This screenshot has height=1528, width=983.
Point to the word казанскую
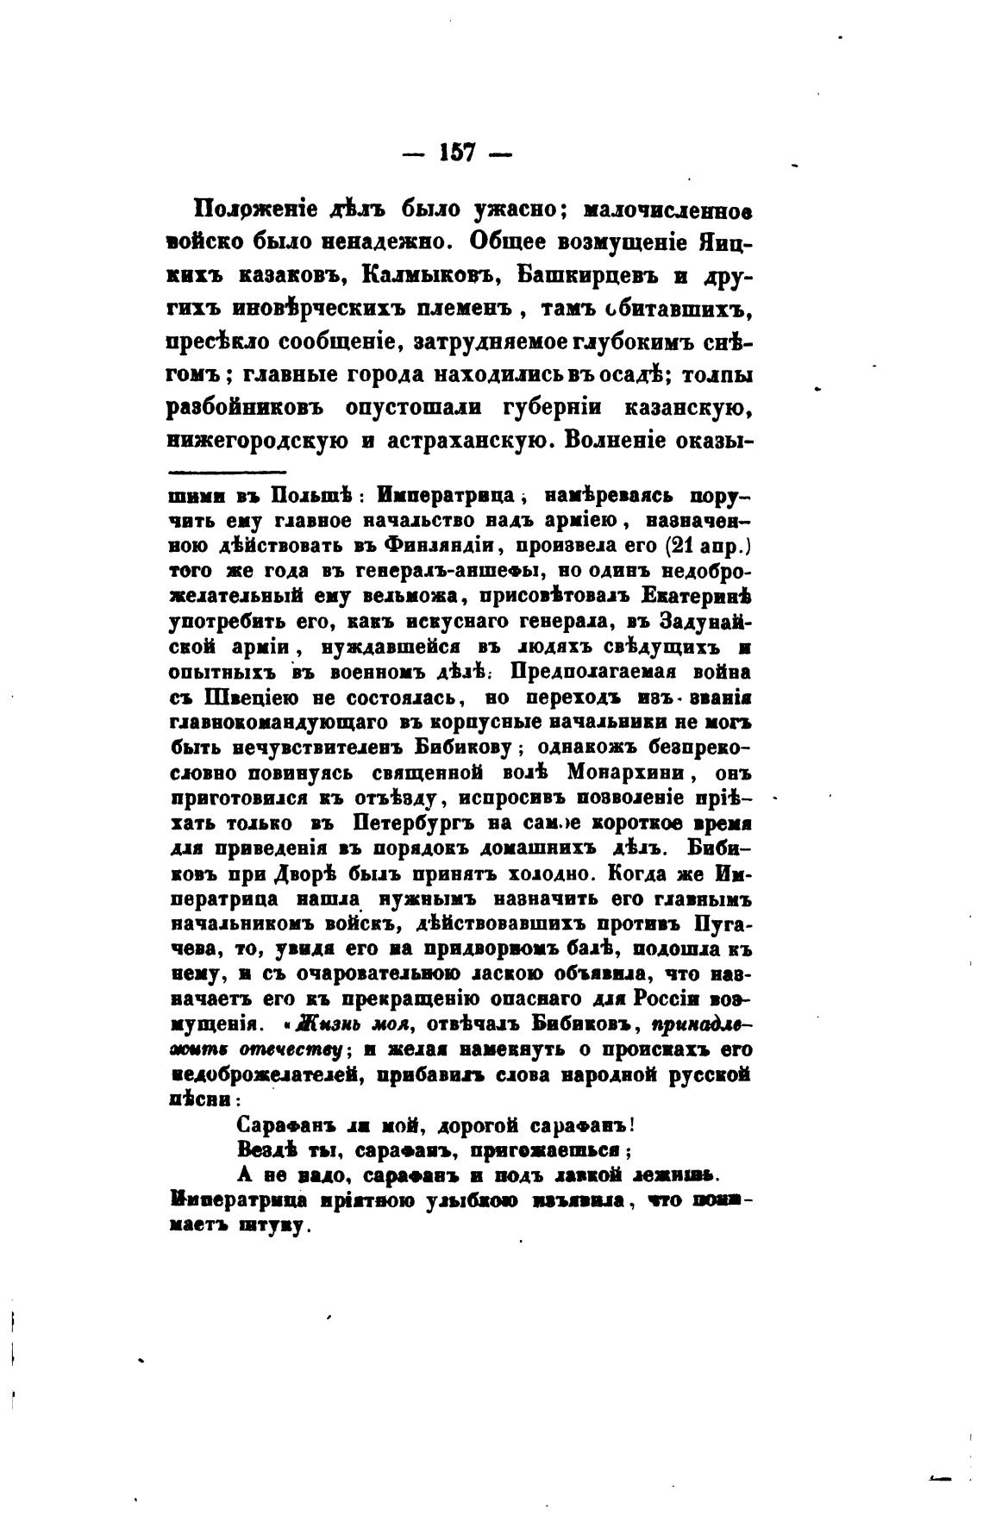tap(689, 406)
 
